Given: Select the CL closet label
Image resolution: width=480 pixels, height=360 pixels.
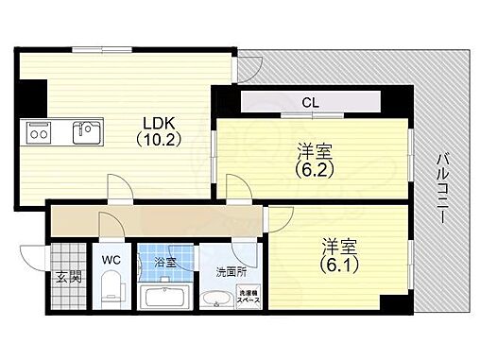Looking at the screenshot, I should (x=309, y=101).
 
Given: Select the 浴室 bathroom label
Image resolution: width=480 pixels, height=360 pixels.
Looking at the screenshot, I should (x=165, y=262).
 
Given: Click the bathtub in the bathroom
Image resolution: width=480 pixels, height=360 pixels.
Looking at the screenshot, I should (x=166, y=300).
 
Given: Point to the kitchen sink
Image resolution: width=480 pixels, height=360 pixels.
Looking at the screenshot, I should (x=88, y=133).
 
